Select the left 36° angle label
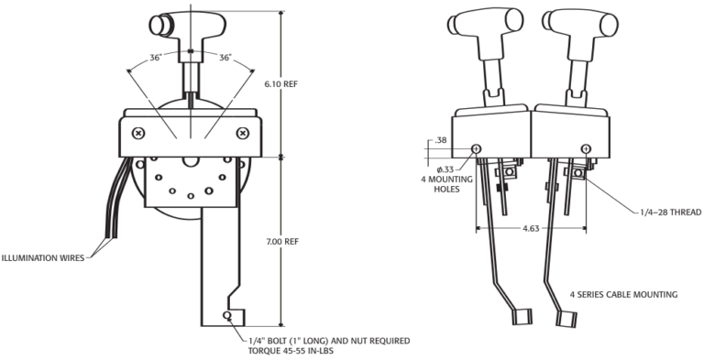pos(157,57)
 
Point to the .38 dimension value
pos(440,141)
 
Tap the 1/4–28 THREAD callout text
pos(669,212)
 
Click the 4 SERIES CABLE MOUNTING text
pos(624,294)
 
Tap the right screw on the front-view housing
pos(242,133)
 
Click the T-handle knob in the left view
pos(188,26)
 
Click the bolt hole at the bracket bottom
pos(226,317)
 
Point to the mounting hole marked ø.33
pos(476,148)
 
